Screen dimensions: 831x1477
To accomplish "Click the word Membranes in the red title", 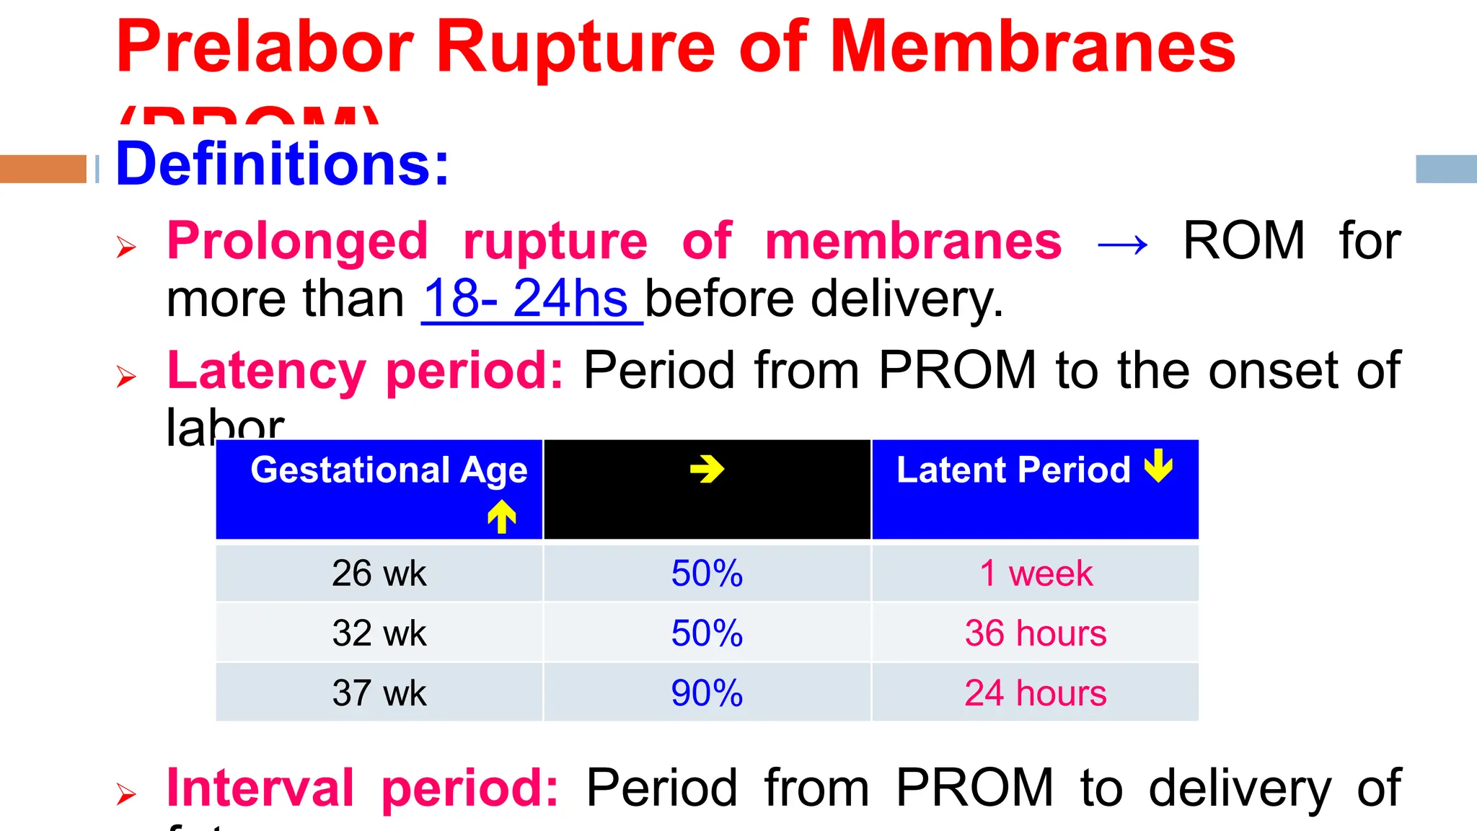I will (1033, 48).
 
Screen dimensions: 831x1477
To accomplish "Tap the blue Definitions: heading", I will (282, 164).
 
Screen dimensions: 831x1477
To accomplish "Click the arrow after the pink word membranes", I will (1122, 245).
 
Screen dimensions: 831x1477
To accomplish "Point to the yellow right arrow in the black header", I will (707, 470).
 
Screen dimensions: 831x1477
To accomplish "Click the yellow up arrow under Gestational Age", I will (502, 516).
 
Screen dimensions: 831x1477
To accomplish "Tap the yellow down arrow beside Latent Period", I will (1159, 465).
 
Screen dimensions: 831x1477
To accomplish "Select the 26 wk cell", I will (379, 573).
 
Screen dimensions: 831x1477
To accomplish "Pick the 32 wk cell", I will (379, 633).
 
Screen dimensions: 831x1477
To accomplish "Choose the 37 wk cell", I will (379, 693).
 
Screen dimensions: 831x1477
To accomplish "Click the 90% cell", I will (707, 693).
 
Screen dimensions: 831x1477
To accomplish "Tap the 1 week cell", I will (1036, 573).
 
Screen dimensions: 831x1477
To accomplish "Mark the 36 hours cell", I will (1036, 633).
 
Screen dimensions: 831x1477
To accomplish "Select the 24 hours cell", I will (1036, 693).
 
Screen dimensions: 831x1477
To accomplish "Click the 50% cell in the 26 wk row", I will (707, 573).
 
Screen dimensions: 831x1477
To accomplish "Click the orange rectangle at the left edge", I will (43, 169).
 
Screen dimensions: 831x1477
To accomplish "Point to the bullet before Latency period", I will (126, 376).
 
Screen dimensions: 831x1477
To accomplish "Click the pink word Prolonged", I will (297, 242).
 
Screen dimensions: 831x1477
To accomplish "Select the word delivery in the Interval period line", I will (1240, 788).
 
